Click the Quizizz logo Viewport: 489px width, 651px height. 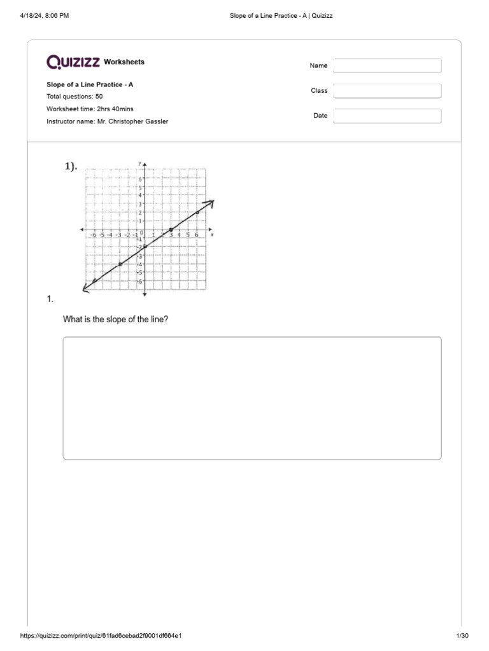tap(73, 62)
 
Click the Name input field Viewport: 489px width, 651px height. tap(387, 65)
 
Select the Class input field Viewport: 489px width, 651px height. tap(387, 91)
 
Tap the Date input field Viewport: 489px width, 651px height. tap(387, 116)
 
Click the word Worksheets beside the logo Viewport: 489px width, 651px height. tap(124, 62)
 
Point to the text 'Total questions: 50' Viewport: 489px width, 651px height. tap(74, 97)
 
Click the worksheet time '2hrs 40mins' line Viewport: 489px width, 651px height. tap(90, 109)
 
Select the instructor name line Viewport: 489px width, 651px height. tap(107, 121)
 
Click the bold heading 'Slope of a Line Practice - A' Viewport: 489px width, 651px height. tap(90, 85)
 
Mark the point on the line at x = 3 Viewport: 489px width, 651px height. tap(171, 230)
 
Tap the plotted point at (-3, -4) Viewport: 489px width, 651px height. tap(120, 264)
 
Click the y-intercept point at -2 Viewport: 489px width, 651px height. tap(145, 247)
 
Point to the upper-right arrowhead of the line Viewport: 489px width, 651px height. tap(210, 203)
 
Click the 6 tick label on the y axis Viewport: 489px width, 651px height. tap(140, 179)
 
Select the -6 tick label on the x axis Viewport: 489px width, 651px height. tap(93, 235)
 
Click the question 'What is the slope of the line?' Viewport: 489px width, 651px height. tap(115, 319)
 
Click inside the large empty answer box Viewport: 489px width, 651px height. tap(252, 398)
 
